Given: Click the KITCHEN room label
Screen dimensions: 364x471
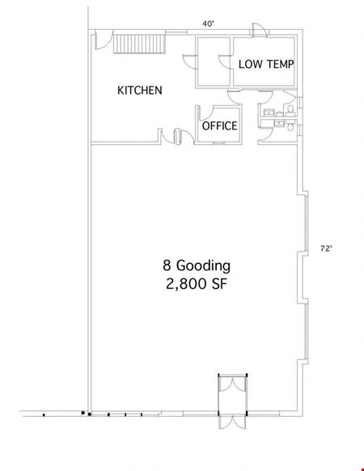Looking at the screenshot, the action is tap(140, 90).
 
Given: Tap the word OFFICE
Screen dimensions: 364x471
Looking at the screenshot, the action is tap(219, 125).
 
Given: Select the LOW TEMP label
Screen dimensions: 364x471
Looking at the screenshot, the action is tap(266, 64).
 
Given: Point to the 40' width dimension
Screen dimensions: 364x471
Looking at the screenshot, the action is tap(209, 23).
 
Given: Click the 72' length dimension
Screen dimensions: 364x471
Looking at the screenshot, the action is tap(326, 248).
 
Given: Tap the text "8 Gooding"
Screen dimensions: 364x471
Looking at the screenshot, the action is tap(197, 265).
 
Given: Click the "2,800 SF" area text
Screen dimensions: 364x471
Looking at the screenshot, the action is tap(197, 283).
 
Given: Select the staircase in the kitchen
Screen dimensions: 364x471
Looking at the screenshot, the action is tap(140, 44).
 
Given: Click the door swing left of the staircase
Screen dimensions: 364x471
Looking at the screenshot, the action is tap(104, 40).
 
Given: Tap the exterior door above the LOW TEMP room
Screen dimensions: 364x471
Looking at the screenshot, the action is tap(260, 30).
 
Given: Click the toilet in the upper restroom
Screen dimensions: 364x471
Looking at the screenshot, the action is tap(290, 110).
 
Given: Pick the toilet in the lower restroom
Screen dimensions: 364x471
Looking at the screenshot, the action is tap(290, 125).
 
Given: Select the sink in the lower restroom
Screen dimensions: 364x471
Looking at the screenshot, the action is tap(280, 122).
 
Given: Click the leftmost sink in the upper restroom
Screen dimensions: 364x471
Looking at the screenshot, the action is tap(269, 112).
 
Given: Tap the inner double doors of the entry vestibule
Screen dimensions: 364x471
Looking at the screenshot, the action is tap(233, 384).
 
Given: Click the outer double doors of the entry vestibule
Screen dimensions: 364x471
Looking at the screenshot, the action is tap(232, 422).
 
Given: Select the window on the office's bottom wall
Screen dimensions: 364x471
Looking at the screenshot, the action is tap(218, 143).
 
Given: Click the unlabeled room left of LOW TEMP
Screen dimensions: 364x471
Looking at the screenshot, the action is tap(214, 62).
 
